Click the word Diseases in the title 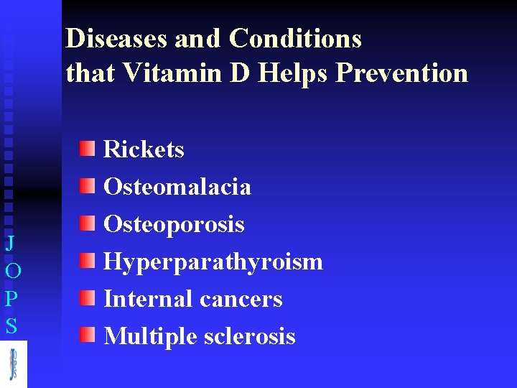coord(116,38)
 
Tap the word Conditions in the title coord(295,38)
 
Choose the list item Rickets coord(144,149)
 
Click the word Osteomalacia coord(177,187)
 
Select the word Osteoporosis coord(174,224)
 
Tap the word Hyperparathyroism coord(213,262)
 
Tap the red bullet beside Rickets coord(87,149)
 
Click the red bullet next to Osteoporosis coord(87,224)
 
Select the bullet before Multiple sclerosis coord(87,336)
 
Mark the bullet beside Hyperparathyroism coord(87,261)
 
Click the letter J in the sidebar coord(10,243)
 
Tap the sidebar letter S coord(11,327)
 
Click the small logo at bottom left coord(13,364)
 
